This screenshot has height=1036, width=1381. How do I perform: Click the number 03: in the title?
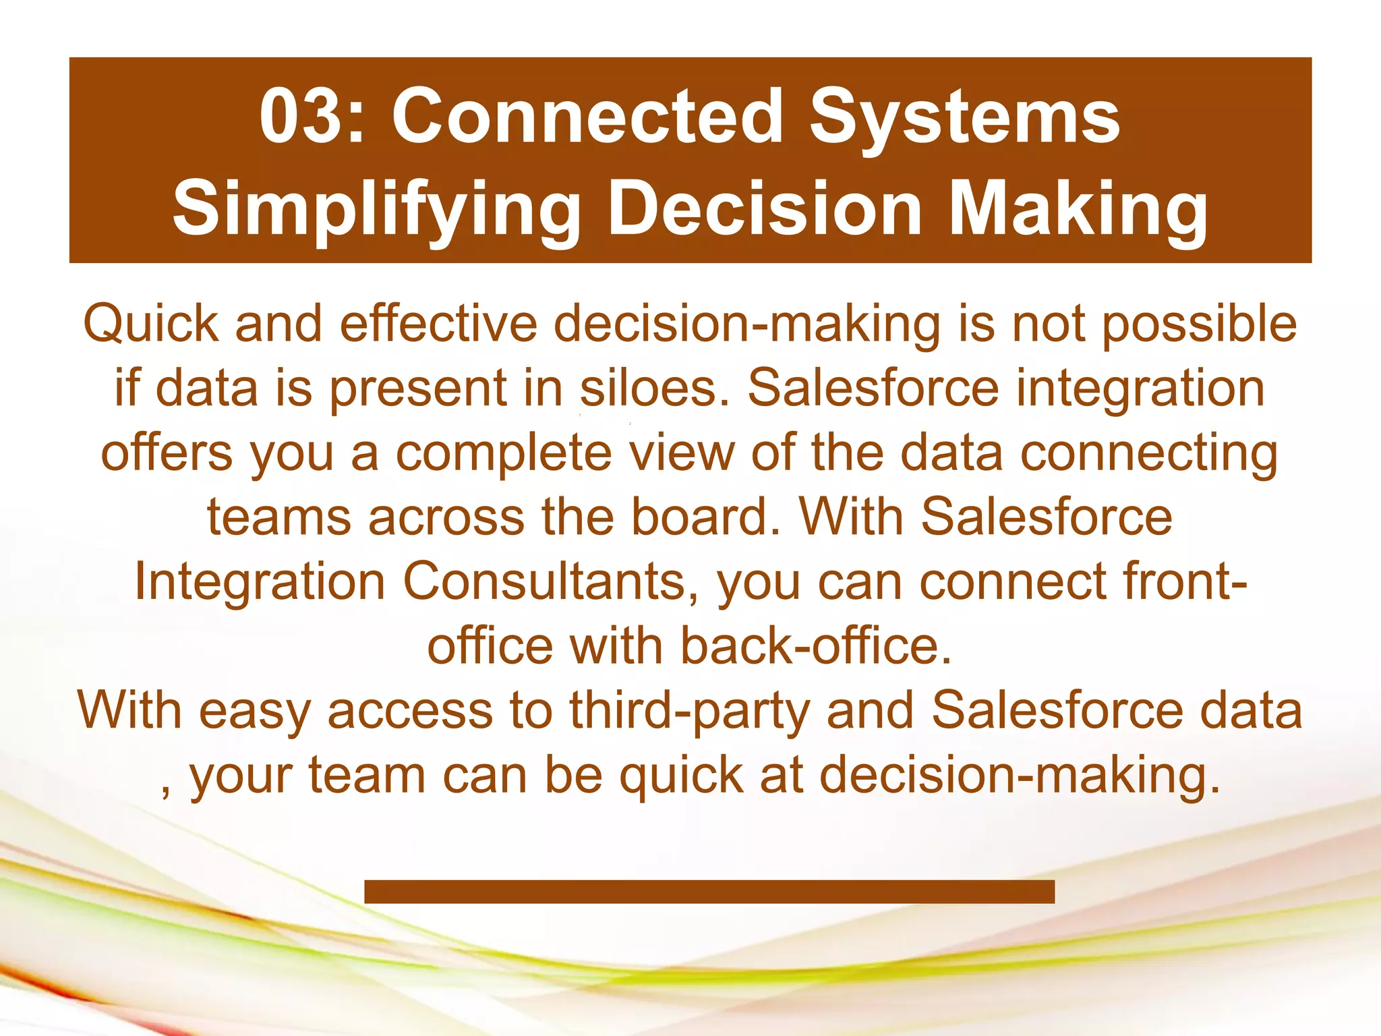[312, 116]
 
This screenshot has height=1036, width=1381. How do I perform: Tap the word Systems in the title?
[965, 116]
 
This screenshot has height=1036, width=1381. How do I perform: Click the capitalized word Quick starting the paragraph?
[150, 324]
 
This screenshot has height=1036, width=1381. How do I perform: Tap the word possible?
[1199, 324]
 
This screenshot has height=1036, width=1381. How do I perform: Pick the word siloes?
[655, 388]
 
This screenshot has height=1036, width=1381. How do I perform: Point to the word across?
[446, 517]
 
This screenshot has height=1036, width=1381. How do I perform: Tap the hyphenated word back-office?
[816, 646]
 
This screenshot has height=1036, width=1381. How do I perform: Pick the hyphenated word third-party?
[689, 710]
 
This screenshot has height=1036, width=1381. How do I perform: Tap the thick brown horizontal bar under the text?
[709, 891]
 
